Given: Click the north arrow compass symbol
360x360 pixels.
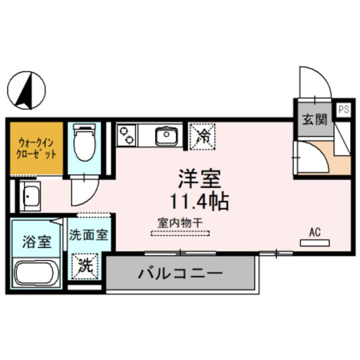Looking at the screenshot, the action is [26, 90].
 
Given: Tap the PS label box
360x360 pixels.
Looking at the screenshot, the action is [344, 110].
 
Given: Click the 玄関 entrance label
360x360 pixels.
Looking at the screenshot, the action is [314, 120].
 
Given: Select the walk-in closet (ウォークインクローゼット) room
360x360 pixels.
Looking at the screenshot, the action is [37, 148].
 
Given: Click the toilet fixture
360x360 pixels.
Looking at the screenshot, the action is [84, 142].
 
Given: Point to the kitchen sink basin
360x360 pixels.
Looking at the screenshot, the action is [166, 136].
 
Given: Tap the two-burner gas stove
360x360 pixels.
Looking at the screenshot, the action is [126, 135].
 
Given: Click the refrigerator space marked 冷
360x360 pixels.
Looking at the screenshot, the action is [202, 137].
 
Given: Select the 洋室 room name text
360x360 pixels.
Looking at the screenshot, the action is [200, 178].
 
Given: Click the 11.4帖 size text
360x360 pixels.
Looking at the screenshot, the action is [199, 201].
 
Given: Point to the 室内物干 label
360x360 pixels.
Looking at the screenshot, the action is [180, 223].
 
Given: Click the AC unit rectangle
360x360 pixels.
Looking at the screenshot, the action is [315, 243].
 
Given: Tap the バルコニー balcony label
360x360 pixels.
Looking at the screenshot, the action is [180, 273].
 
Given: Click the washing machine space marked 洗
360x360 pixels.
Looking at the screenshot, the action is [85, 266].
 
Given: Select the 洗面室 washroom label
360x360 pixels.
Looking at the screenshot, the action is [88, 235].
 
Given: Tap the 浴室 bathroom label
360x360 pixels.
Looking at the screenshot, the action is [37, 241].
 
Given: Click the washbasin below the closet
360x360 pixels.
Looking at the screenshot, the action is [30, 196].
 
